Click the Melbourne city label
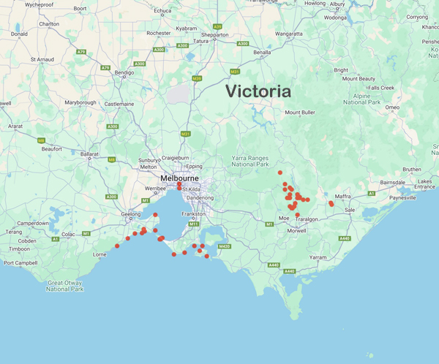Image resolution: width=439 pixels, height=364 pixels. click(x=180, y=178)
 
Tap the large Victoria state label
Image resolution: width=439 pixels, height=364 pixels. click(x=258, y=92)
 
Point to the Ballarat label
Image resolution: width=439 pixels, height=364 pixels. click(x=89, y=154)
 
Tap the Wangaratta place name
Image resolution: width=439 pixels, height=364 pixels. click(x=289, y=34)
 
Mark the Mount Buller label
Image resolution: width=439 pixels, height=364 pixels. click(x=300, y=113)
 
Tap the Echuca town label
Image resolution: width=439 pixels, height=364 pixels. click(x=162, y=11)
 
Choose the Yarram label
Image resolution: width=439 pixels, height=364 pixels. click(x=318, y=257)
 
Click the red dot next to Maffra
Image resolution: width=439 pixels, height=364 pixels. click(x=331, y=204)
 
